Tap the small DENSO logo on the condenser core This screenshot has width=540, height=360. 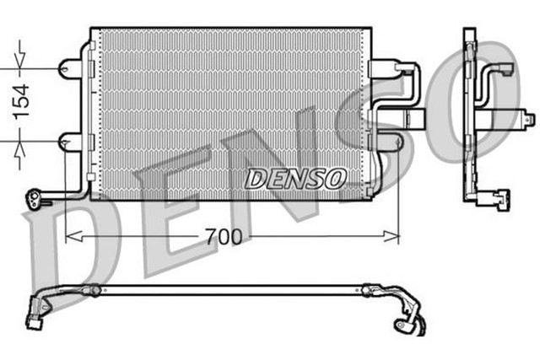click(294, 178)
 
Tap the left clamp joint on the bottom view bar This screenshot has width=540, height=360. click(96, 292)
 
